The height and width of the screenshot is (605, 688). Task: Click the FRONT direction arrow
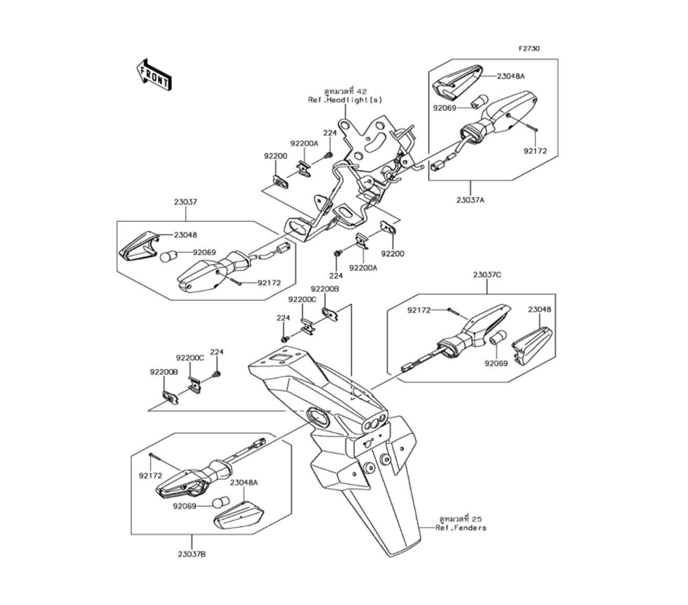coord(153,74)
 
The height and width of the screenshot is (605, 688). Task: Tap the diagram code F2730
coord(529,49)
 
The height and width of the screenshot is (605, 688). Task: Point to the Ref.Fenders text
coord(460,528)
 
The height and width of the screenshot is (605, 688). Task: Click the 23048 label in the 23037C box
coord(539,309)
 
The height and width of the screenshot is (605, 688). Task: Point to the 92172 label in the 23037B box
coord(149,475)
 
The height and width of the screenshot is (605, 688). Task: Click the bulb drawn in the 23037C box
coord(498,338)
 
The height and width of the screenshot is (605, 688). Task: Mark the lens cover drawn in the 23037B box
coord(238,514)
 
